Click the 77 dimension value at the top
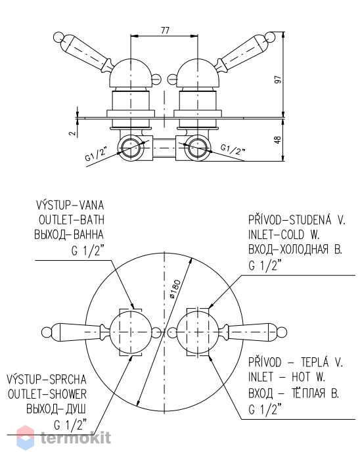point(165,30)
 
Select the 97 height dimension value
point(278,79)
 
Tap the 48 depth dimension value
point(278,140)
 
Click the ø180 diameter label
point(175,288)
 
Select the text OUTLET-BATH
point(72,220)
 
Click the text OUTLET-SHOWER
point(47,394)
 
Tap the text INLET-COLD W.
point(284,234)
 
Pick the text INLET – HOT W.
point(286,378)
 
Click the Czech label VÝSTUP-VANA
point(70,205)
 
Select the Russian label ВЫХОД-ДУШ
point(56,409)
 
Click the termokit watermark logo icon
point(25,438)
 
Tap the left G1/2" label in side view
point(96,154)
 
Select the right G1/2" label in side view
point(233,149)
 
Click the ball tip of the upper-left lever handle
point(58,37)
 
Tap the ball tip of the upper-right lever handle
point(271,37)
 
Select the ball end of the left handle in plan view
point(47,332)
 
